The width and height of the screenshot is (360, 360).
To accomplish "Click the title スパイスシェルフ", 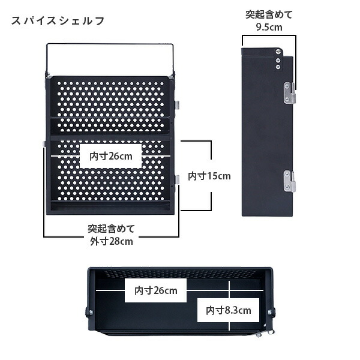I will [x=58, y=20].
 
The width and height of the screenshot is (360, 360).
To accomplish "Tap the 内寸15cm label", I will [x=209, y=176].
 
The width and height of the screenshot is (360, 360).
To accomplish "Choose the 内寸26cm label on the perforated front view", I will [x=111, y=156].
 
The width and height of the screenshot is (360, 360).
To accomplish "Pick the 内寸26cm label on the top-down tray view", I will [x=155, y=291].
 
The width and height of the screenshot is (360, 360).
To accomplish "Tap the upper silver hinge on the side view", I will [x=290, y=92].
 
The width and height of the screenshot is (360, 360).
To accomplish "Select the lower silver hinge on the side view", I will [x=290, y=181].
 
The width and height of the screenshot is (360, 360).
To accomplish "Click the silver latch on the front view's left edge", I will [x=45, y=143].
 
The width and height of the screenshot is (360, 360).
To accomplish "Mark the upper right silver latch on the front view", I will [x=177, y=104].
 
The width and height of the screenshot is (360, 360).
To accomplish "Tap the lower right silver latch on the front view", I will [x=177, y=179].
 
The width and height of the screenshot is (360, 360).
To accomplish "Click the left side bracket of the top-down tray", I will [x=89, y=311].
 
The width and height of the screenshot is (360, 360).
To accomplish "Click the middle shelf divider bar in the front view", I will [x=111, y=137].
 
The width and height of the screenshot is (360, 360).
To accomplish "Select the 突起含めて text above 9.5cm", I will [x=269, y=14].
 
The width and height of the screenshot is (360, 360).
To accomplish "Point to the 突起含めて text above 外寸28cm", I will [x=111, y=229].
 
